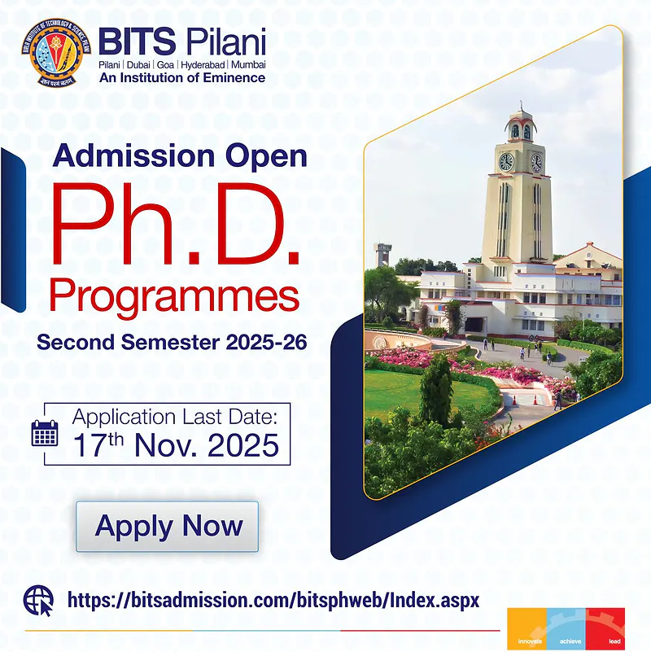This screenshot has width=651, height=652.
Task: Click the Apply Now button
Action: pyautogui.click(x=168, y=526)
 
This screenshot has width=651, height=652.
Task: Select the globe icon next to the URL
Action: pyautogui.click(x=38, y=601)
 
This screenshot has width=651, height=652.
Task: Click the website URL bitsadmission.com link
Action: pyautogui.click(x=273, y=601)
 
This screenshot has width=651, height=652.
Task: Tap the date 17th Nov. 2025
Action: pyautogui.click(x=176, y=445)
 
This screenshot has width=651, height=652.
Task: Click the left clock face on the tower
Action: pyautogui.click(x=506, y=161)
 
